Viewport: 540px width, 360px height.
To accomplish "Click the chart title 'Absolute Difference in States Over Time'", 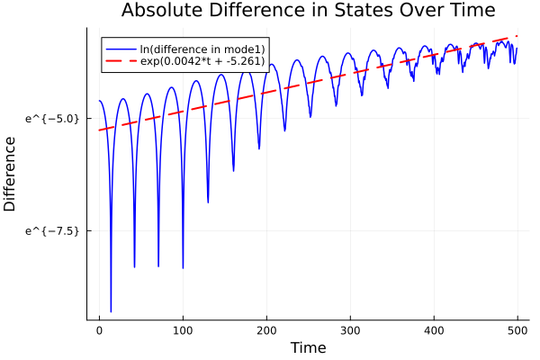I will pos(308,11).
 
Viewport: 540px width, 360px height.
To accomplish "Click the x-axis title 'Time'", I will pos(308,347).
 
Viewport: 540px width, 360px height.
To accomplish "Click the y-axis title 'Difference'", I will pos(11,174).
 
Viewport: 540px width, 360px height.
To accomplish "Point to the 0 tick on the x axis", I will pos(99,330).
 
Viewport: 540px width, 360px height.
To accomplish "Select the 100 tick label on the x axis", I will pos(183,330).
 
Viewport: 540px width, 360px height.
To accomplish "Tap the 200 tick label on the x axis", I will pos(266,330).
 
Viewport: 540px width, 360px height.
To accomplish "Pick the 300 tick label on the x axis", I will pos(350,330).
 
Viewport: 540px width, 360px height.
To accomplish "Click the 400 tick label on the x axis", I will pos(434,330).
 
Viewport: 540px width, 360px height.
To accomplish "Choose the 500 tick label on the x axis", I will pos(517,330).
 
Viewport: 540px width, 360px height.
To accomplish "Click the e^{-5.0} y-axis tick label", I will pos(53,118).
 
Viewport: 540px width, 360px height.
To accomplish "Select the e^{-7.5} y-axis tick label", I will pos(53,230).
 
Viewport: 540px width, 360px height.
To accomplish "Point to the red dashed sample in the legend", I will pos(118,61).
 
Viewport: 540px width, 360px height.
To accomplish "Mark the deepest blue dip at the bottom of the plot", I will pos(111,311).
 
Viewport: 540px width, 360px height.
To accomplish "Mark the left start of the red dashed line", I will pos(99,130).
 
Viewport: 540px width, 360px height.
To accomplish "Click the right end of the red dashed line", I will pos(517,36).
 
